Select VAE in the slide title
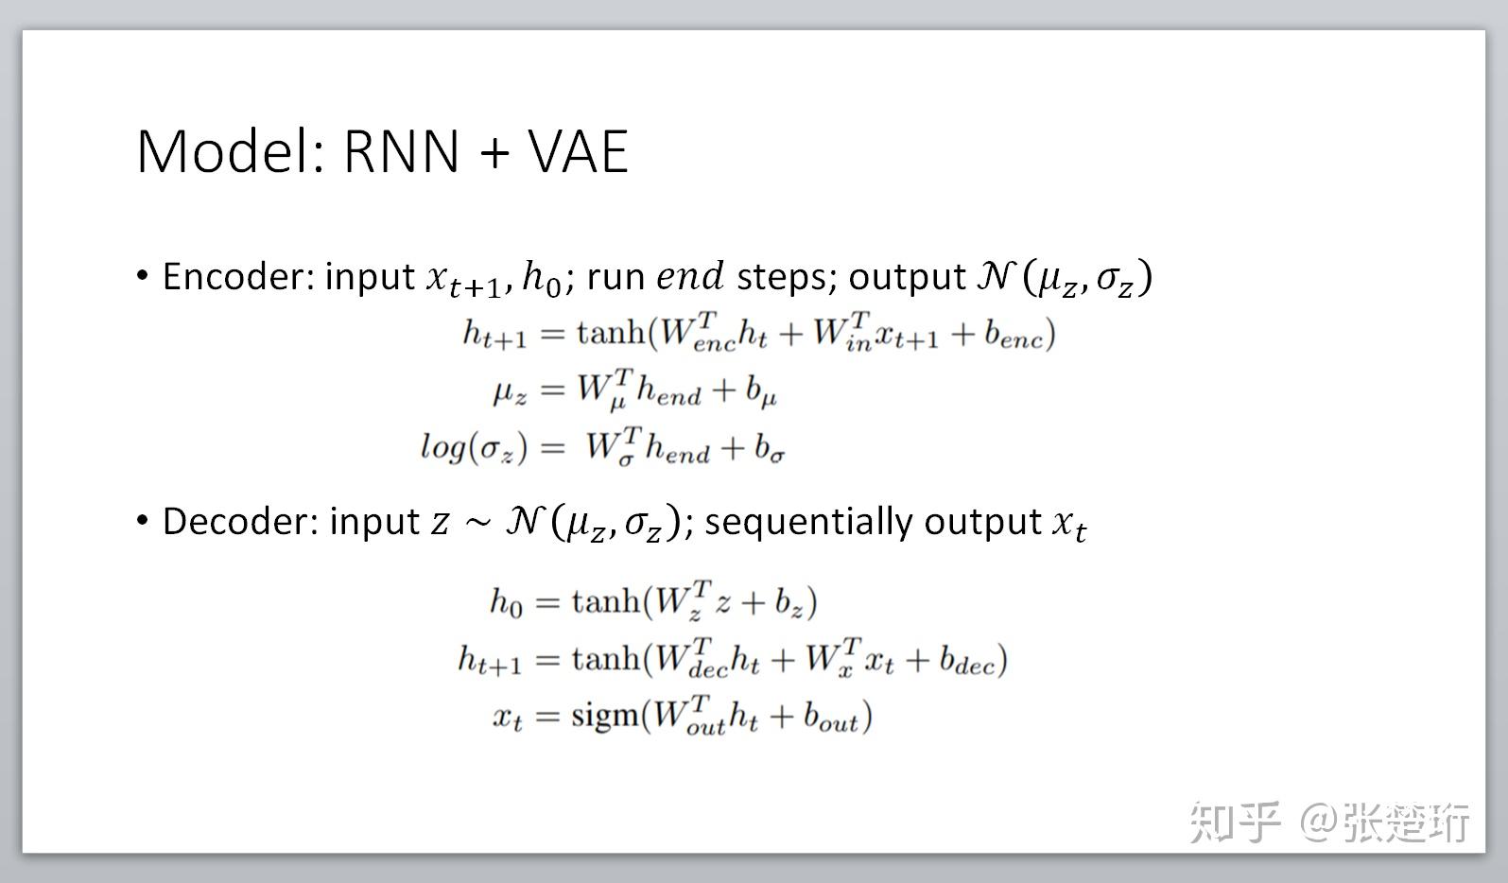(x=578, y=151)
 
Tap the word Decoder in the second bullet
(x=239, y=521)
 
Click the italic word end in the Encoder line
(x=690, y=276)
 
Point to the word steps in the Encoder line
(x=780, y=277)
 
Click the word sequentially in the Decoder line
(x=808, y=521)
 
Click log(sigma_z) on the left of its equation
(x=473, y=446)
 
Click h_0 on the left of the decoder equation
(x=506, y=602)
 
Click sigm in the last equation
(x=605, y=716)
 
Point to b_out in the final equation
(x=831, y=718)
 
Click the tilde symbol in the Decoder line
(x=478, y=523)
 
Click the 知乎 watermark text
(x=1234, y=822)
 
